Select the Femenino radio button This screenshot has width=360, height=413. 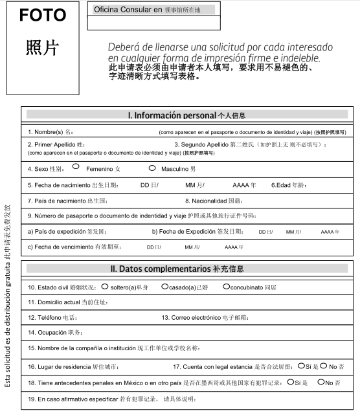[76, 167]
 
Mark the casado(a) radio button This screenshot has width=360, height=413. [164, 285]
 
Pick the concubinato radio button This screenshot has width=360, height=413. [226, 285]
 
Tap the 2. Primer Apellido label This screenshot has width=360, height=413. [56, 144]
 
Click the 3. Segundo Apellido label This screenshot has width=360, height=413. [201, 144]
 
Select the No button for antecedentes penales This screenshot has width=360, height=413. [321, 382]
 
